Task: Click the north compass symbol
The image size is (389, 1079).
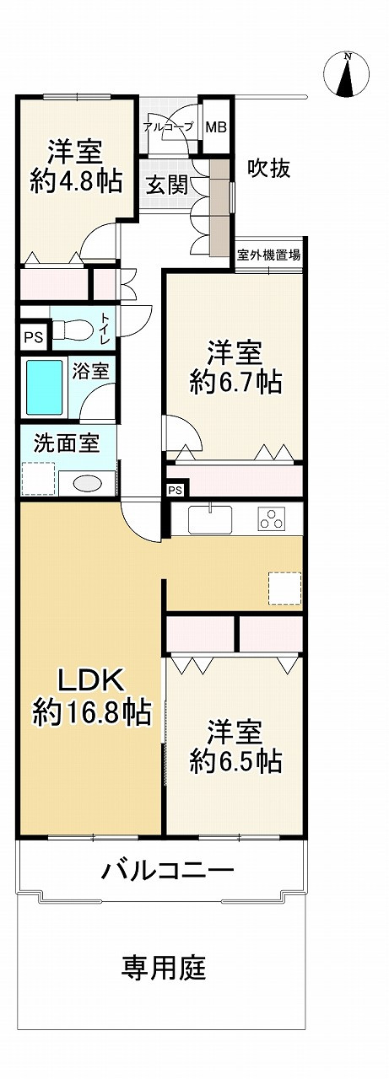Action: click(x=347, y=74)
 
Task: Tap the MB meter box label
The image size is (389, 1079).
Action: click(x=216, y=127)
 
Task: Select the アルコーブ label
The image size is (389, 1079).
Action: click(x=168, y=127)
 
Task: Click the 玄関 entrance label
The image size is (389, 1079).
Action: click(x=167, y=186)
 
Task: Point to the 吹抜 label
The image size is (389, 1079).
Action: click(x=268, y=169)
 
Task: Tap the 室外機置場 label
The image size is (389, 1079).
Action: click(x=267, y=255)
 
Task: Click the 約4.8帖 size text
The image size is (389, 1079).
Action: click(x=75, y=181)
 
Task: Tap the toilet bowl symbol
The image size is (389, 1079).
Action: click(x=71, y=327)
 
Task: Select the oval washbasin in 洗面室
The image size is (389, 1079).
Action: click(x=87, y=483)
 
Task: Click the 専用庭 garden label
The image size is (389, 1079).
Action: click(x=164, y=967)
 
